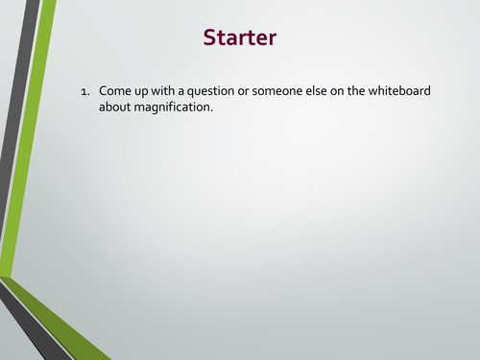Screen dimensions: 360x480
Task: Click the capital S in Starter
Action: click(x=210, y=37)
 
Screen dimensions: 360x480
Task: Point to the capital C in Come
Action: click(x=104, y=90)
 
